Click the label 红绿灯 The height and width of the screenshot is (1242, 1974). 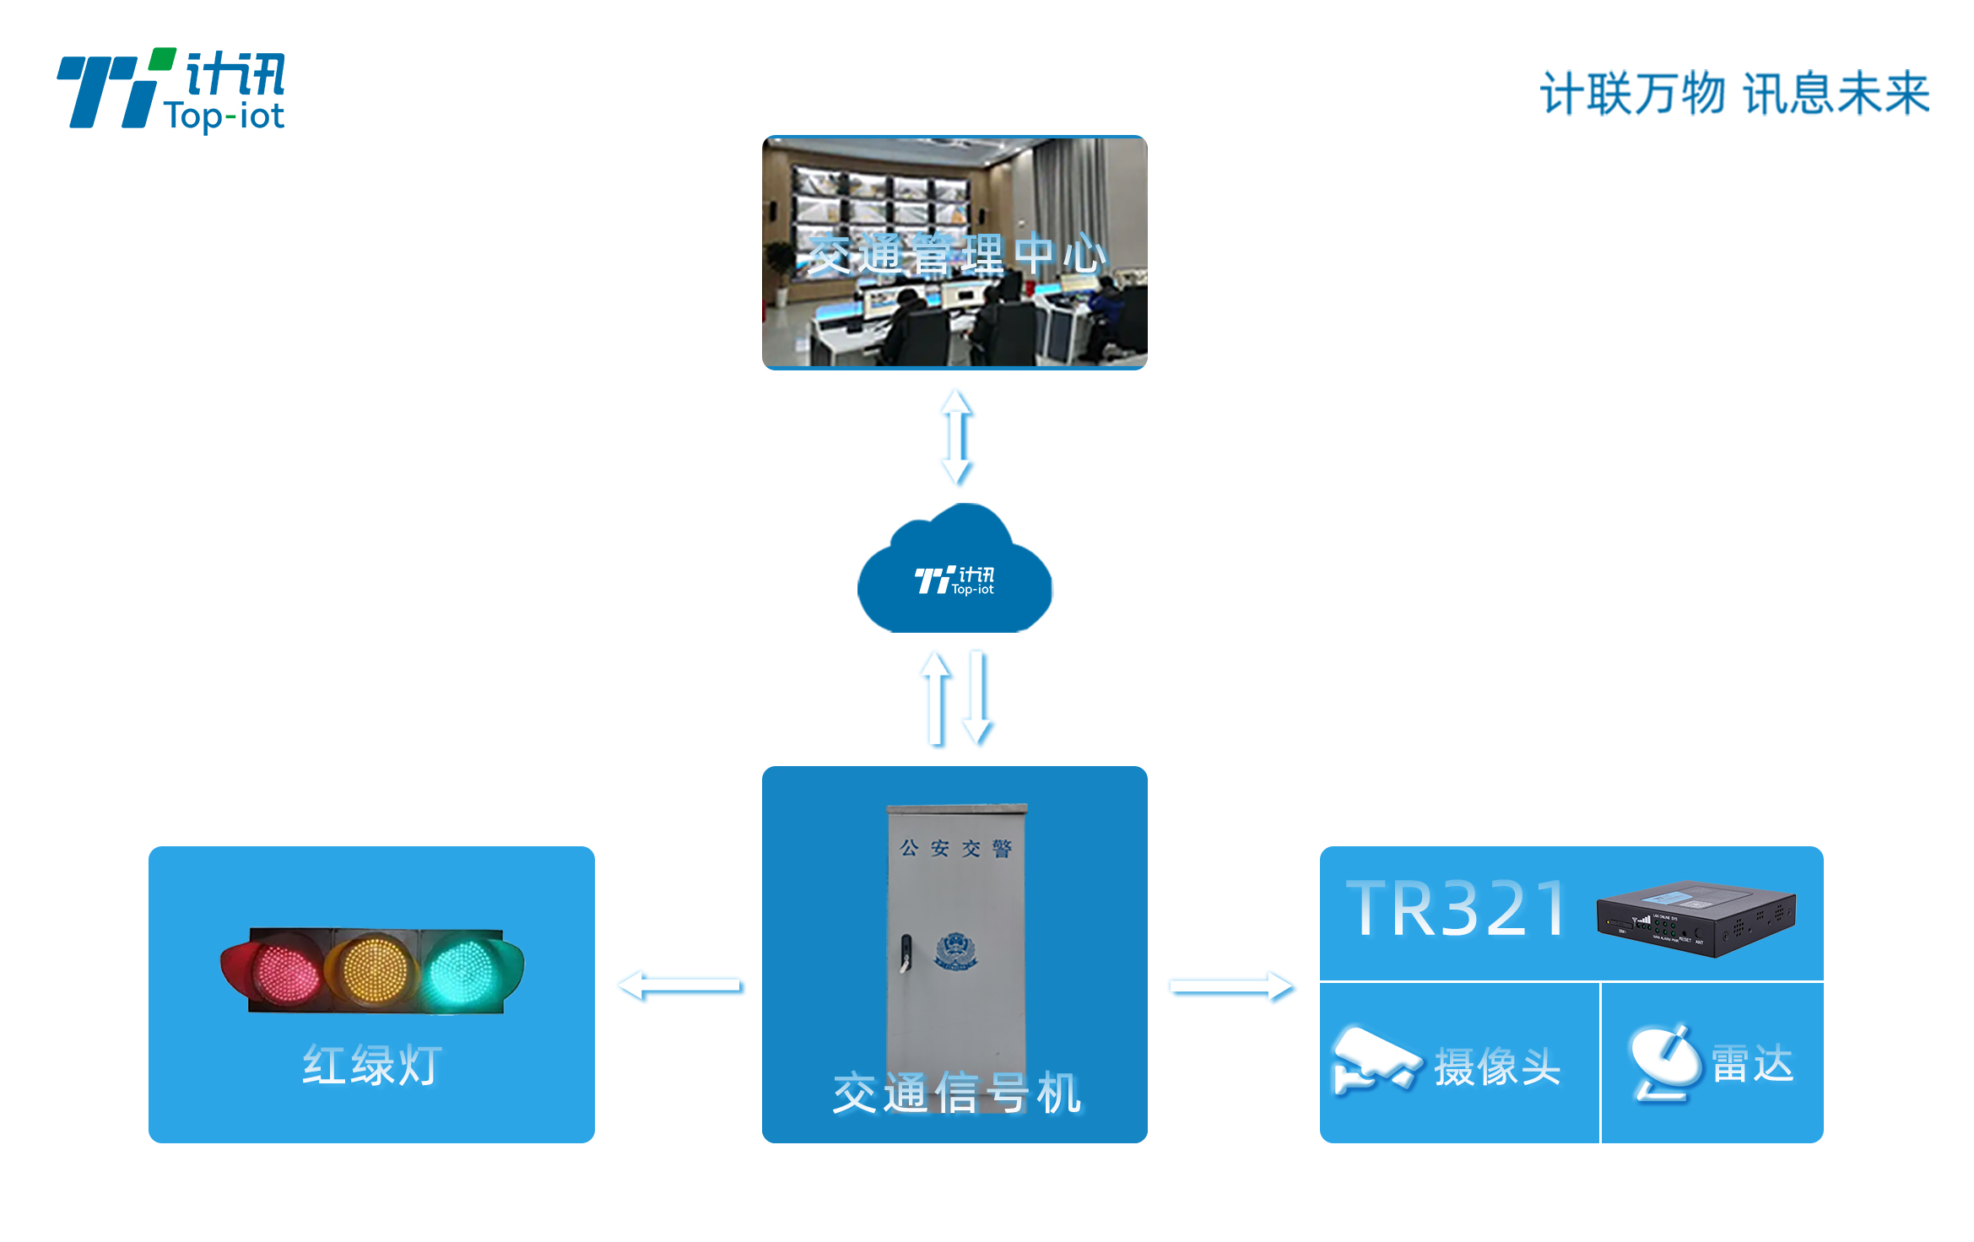click(371, 1065)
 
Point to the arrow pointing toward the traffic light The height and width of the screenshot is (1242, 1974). click(679, 985)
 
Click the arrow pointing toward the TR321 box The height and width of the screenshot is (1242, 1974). click(1231, 985)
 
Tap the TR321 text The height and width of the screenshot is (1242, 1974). click(1456, 910)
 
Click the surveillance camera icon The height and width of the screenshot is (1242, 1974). click(1374, 1060)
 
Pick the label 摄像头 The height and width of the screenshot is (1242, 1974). click(1497, 1066)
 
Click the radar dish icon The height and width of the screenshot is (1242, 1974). click(1665, 1062)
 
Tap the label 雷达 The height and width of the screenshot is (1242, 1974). click(1752, 1063)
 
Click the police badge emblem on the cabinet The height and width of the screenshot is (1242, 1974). click(955, 953)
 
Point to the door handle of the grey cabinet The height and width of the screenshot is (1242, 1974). click(906, 953)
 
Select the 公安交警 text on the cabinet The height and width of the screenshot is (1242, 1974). click(955, 848)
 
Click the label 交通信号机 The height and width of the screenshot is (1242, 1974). click(956, 1093)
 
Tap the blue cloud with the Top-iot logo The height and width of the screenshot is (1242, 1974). click(955, 571)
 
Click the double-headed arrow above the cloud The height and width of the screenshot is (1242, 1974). click(957, 436)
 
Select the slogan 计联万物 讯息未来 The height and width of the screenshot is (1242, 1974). click(1734, 93)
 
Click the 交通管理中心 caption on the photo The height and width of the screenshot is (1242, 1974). click(955, 254)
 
